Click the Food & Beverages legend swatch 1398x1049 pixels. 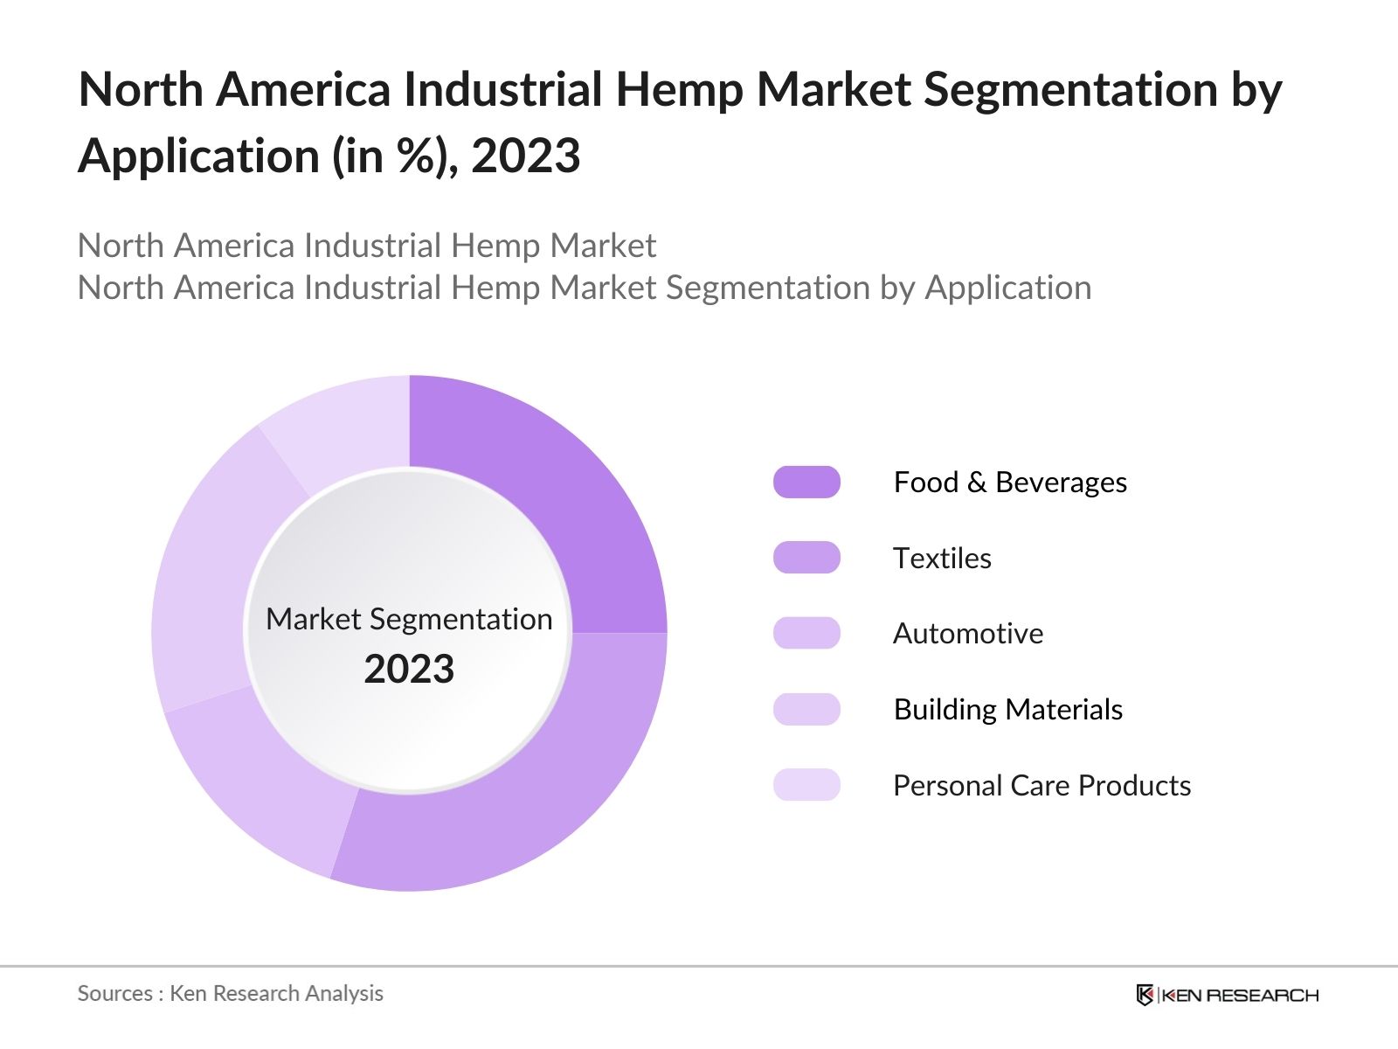[x=806, y=482]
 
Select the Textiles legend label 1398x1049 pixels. [x=942, y=558]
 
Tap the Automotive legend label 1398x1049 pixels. [x=967, y=633]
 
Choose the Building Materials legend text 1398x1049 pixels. [x=1007, y=709]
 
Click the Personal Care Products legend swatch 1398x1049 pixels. [x=806, y=785]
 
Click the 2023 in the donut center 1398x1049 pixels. [x=409, y=670]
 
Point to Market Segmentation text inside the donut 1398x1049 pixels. [x=409, y=619]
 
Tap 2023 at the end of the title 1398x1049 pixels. [x=525, y=156]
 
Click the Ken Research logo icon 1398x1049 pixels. [x=1145, y=995]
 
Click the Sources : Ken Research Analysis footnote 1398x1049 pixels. [x=230, y=993]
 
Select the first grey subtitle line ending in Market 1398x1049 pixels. [x=366, y=246]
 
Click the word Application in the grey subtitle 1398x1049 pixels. [x=1007, y=288]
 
